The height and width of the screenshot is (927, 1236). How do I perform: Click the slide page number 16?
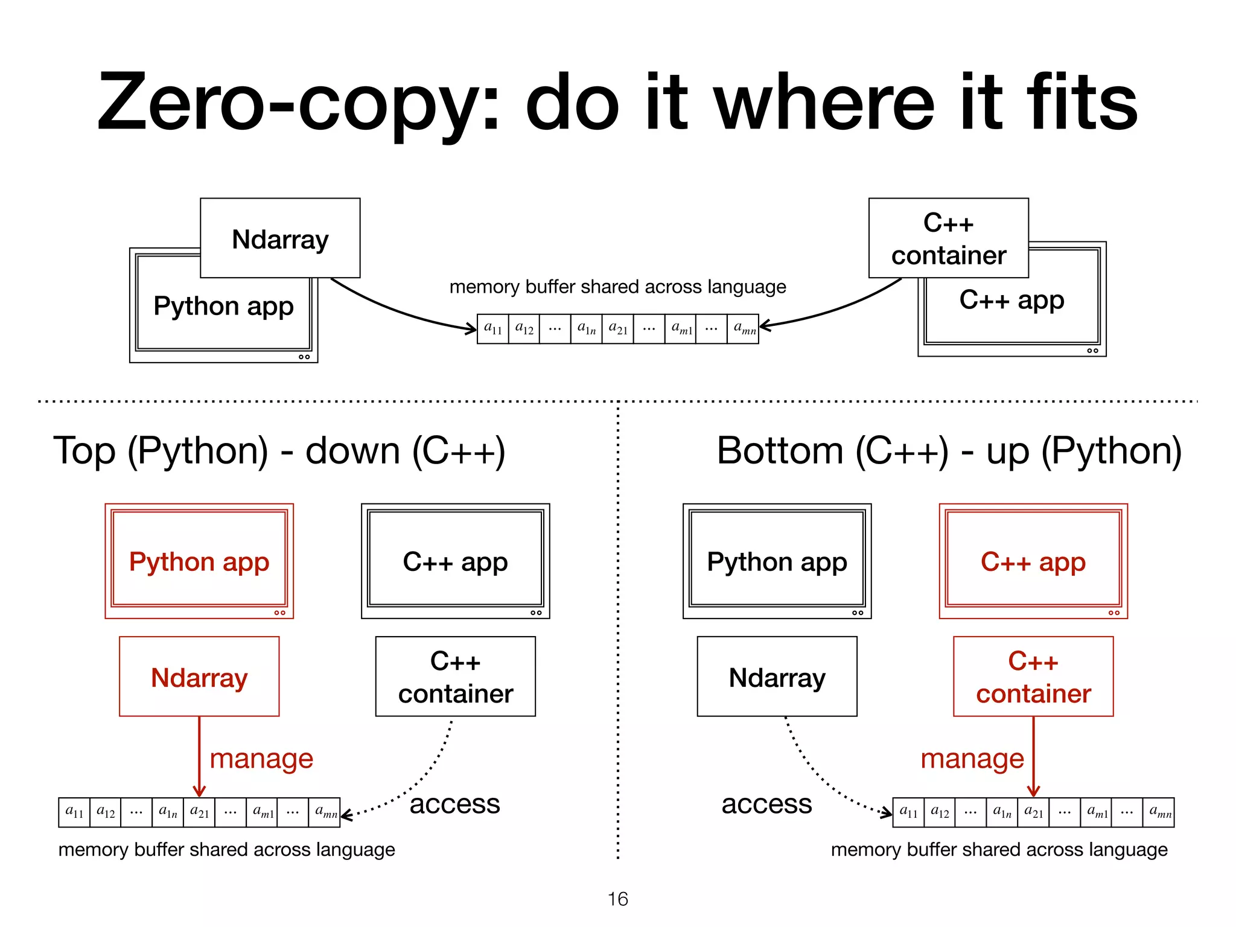click(617, 899)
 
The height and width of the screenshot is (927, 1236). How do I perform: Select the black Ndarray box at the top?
click(280, 238)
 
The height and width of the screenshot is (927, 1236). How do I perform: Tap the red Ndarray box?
click(199, 677)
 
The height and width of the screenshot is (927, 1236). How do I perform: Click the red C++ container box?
click(1033, 677)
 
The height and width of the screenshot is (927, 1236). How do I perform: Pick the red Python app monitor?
click(199, 561)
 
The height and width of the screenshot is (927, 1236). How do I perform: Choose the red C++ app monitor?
click(1033, 561)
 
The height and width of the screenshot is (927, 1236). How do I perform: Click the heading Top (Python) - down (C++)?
click(279, 451)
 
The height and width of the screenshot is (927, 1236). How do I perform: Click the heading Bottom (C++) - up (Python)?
click(949, 451)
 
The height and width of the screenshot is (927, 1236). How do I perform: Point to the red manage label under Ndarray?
click(261, 759)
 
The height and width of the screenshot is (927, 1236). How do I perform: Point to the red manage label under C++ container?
click(972, 759)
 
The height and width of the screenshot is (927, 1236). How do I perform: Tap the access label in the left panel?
click(454, 804)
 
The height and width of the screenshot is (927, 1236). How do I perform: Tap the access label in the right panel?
click(766, 804)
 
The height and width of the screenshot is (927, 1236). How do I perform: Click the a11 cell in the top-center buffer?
click(492, 329)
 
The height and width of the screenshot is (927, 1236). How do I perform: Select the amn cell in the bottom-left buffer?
click(325, 812)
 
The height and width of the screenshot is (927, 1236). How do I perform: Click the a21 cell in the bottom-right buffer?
click(1033, 812)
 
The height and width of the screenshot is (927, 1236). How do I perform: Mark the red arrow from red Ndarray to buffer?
click(199, 754)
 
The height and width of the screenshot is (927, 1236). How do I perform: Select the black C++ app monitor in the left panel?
click(455, 561)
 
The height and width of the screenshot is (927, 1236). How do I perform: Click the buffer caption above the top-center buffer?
click(617, 287)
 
